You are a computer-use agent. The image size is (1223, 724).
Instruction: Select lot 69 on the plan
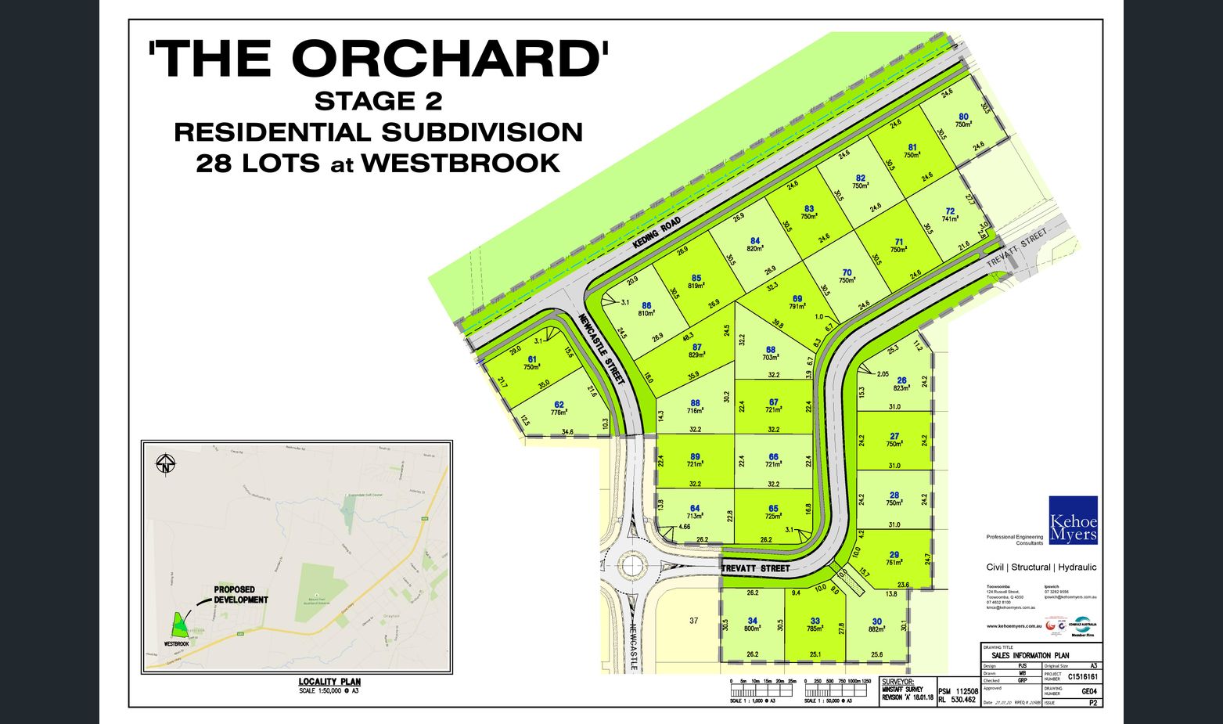click(x=797, y=298)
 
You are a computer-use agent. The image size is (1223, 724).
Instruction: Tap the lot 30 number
click(x=877, y=621)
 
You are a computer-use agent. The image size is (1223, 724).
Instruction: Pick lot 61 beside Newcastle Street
click(x=532, y=360)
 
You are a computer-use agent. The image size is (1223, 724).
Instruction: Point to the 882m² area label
click(x=877, y=629)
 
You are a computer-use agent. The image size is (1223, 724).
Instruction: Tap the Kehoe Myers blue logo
click(x=1073, y=520)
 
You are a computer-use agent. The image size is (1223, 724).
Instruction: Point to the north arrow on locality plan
click(x=165, y=464)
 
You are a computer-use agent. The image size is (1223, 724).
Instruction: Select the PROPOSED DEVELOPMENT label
click(x=241, y=595)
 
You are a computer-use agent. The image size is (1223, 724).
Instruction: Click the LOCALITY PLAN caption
click(x=329, y=682)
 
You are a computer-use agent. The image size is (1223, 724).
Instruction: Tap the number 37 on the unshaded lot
click(x=693, y=621)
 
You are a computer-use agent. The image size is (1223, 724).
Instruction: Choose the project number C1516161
click(x=1083, y=677)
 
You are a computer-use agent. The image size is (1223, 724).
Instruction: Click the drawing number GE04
click(x=1088, y=691)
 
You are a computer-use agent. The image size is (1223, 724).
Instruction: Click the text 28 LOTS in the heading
click(x=257, y=164)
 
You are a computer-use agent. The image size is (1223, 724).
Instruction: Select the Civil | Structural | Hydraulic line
click(x=1041, y=567)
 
